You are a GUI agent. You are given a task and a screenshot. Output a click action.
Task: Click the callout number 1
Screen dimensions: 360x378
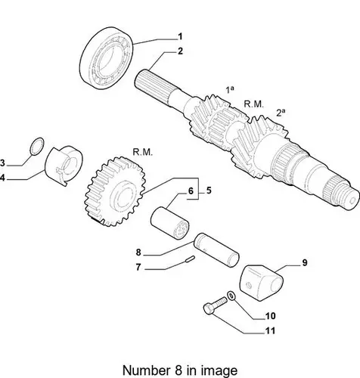180,37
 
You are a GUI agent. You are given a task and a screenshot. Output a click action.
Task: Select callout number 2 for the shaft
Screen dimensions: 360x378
180,51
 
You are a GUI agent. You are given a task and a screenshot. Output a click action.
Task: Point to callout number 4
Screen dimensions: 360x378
2,178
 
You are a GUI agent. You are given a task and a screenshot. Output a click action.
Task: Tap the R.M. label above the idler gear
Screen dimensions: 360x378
142,152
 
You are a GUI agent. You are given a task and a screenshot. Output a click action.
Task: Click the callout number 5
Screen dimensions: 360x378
209,191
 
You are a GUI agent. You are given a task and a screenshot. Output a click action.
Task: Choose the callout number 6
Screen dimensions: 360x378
191,191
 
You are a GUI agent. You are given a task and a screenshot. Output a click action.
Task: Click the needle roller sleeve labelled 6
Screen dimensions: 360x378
169,223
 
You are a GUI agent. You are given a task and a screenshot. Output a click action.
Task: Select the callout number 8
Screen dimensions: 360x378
138,253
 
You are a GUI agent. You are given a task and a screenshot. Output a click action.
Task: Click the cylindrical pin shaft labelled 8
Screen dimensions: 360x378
216,249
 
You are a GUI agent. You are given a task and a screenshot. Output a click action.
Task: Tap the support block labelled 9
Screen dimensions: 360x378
262,282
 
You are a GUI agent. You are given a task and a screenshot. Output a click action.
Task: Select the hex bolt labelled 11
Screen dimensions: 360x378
215,305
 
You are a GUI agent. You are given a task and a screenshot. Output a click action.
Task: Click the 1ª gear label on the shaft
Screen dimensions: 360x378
229,89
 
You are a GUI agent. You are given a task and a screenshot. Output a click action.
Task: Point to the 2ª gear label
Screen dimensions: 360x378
281,112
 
